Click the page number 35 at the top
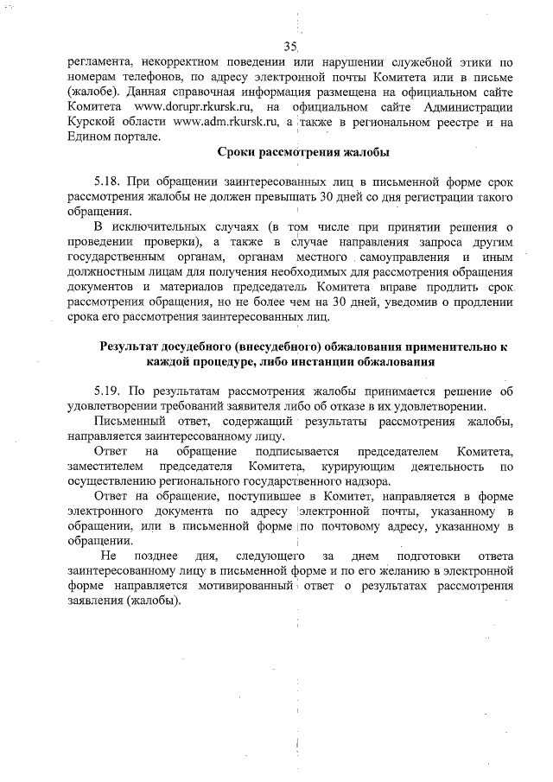(289, 46)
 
